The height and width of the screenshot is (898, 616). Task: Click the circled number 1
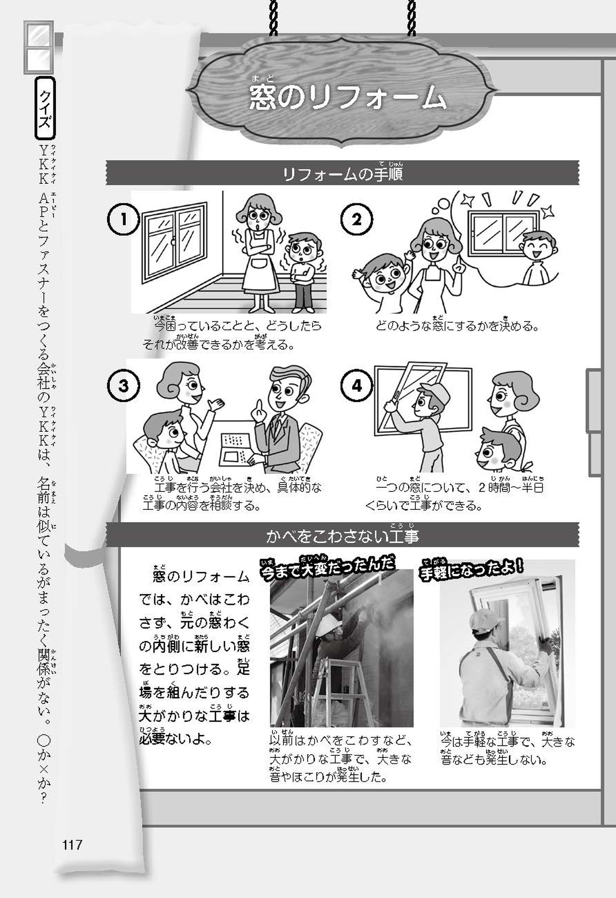(x=124, y=219)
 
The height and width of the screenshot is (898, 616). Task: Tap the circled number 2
(x=357, y=219)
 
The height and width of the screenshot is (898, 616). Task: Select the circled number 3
(x=124, y=385)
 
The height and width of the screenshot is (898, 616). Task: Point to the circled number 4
(x=357, y=385)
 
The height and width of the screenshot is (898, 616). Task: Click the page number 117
(x=72, y=845)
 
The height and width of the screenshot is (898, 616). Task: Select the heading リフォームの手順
(x=342, y=173)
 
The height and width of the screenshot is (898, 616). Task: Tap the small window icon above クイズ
(x=38, y=47)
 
